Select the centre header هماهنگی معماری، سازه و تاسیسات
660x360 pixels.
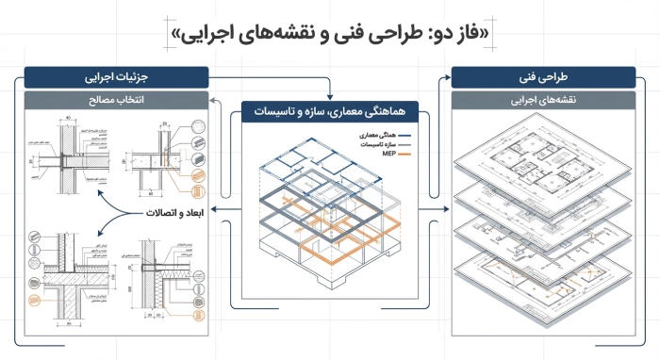coord(331,112)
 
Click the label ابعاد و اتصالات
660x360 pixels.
coord(173,214)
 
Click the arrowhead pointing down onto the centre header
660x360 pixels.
coord(331,95)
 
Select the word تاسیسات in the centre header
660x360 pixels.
coord(274,112)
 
